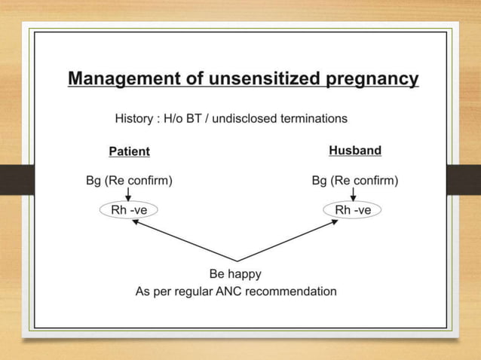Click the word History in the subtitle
coord(133,118)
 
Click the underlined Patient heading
coord(129,151)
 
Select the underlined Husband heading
coord(354,151)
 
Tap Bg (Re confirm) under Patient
coord(129,181)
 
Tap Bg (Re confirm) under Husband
coord(354,181)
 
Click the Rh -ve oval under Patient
coord(129,210)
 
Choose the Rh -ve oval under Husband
coord(352,210)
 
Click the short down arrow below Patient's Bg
coord(129,194)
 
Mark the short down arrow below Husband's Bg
coord(353,194)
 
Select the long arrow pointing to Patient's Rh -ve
coord(184,239)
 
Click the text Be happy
coord(235,273)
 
